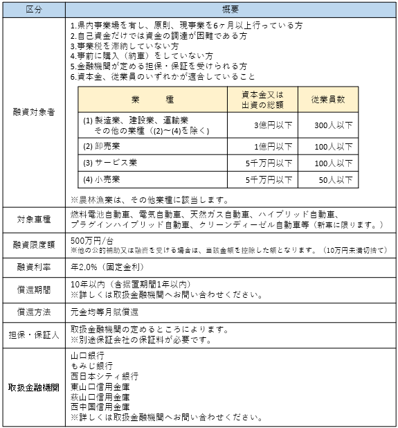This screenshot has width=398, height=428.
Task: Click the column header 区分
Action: (x=35, y=9)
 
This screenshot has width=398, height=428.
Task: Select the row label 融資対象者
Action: (x=35, y=111)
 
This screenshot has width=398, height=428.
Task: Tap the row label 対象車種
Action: (x=35, y=220)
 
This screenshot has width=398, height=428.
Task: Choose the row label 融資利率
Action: (x=35, y=267)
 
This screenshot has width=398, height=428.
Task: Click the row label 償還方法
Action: (x=35, y=312)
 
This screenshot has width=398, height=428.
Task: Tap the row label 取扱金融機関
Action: (x=35, y=386)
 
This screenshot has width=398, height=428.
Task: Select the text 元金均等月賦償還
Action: (x=105, y=312)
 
